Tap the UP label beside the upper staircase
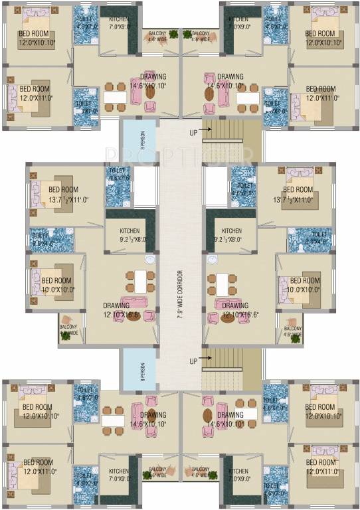[193, 131]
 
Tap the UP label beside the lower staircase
[193, 361]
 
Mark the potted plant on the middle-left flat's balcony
[66, 335]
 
